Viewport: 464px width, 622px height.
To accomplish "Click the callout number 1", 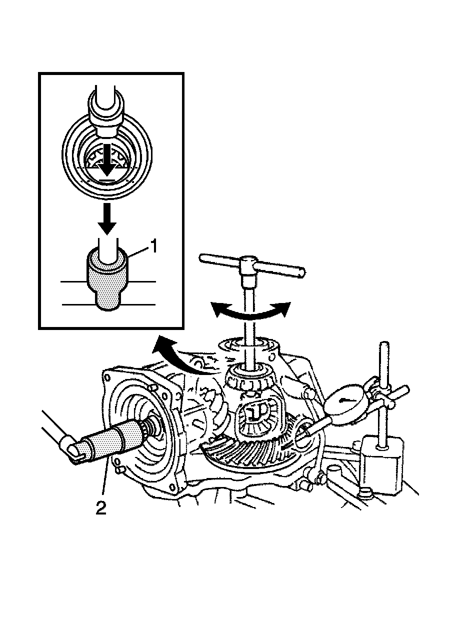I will click(155, 246).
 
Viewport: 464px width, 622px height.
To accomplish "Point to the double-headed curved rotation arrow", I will click(250, 311).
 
